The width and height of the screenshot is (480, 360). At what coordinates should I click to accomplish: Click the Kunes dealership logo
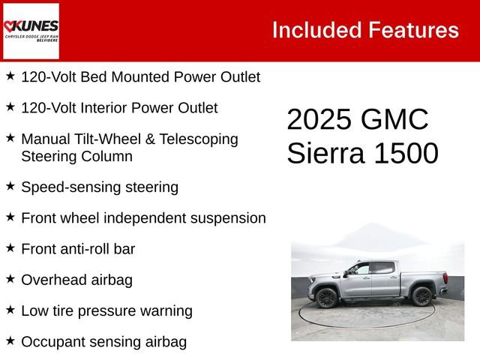[31, 31]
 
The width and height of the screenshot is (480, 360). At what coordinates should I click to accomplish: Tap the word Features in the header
[413, 30]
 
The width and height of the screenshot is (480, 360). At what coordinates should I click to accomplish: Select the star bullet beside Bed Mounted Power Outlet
[10, 76]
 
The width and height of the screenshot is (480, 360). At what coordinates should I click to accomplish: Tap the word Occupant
[52, 341]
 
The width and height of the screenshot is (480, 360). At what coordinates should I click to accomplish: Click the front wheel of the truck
[326, 298]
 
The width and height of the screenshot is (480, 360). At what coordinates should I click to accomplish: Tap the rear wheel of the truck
[421, 296]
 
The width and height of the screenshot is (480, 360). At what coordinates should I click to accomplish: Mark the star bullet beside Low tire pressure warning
[10, 309]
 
